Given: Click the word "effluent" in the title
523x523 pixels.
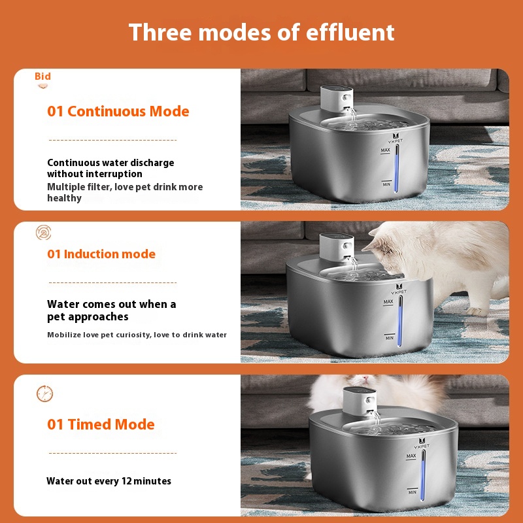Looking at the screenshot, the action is pyautogui.click(x=350, y=32).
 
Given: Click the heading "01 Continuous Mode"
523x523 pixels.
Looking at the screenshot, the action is pyautogui.click(x=118, y=111).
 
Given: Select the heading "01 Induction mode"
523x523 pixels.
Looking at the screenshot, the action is pyautogui.click(x=101, y=254).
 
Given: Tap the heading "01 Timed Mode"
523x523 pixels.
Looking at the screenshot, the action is pyautogui.click(x=101, y=424).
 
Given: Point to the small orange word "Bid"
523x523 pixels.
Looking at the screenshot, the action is pyautogui.click(x=42, y=76).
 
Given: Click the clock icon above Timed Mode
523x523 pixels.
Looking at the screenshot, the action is pyautogui.click(x=44, y=394).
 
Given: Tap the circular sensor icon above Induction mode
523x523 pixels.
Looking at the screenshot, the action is pyautogui.click(x=44, y=233).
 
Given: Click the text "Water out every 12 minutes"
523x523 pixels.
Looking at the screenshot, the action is pyautogui.click(x=109, y=481).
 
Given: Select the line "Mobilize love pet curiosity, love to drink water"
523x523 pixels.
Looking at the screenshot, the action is pyautogui.click(x=137, y=335).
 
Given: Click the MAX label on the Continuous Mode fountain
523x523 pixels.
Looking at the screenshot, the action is pyautogui.click(x=385, y=150).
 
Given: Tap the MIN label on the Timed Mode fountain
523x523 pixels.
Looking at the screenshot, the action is pyautogui.click(x=413, y=492).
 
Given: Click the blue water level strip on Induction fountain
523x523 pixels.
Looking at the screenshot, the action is pyautogui.click(x=400, y=321).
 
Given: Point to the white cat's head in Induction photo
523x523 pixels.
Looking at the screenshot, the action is pyautogui.click(x=390, y=247).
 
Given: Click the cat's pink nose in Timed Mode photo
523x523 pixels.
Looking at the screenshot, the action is pyautogui.click(x=365, y=379).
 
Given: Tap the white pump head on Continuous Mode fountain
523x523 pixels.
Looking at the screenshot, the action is pyautogui.click(x=337, y=99).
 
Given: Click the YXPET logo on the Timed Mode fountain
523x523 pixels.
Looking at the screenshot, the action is pyautogui.click(x=422, y=443).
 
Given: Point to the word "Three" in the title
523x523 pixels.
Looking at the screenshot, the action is pyautogui.click(x=160, y=32).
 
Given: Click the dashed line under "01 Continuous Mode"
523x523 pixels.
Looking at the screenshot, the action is pyautogui.click(x=112, y=140).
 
